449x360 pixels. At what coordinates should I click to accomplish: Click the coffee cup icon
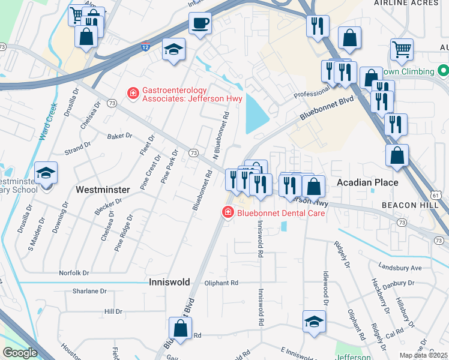(x=200, y=24)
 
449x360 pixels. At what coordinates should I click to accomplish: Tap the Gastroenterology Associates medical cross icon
(x=132, y=94)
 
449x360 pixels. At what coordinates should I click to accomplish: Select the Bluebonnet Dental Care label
(x=281, y=212)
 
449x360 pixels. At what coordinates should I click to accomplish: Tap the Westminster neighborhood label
(x=103, y=190)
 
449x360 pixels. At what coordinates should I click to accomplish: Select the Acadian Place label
(x=367, y=182)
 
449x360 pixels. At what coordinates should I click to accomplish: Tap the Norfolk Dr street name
(x=74, y=273)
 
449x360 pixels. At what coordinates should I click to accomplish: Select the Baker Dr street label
(x=119, y=136)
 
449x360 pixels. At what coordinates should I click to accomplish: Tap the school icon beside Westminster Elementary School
(x=46, y=173)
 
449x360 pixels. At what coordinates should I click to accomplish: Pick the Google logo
(x=20, y=353)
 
